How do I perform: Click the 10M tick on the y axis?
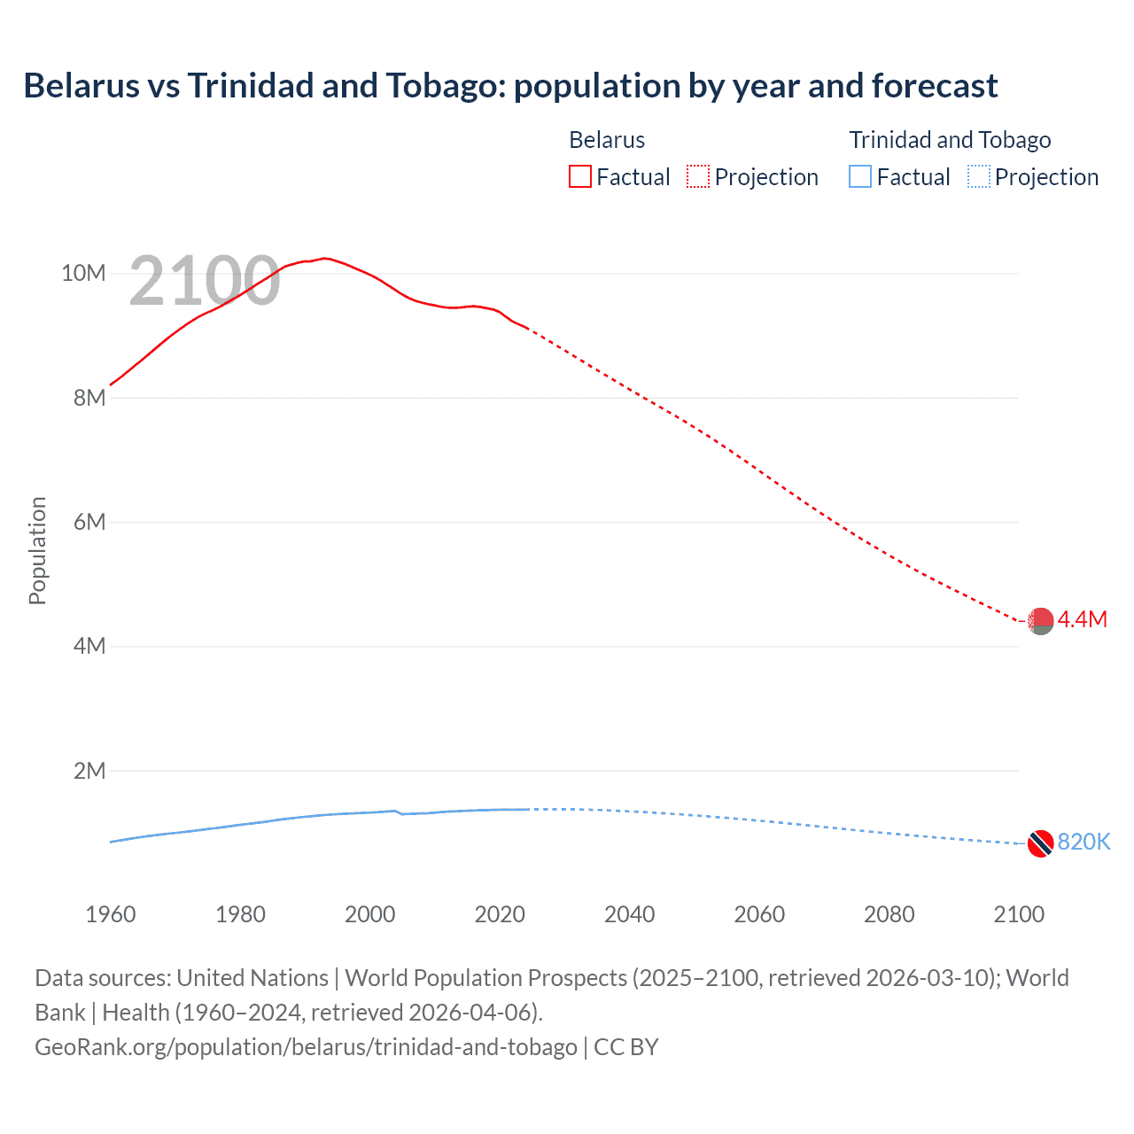point(83,273)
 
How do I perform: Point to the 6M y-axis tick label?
point(89,522)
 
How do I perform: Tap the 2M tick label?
point(89,771)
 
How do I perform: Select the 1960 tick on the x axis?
point(111,914)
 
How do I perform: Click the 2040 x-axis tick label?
point(629,914)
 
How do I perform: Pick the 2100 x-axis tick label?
point(1019,914)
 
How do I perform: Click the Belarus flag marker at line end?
point(1040,621)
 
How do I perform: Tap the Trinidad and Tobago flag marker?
point(1040,843)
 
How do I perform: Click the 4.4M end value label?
point(1082,619)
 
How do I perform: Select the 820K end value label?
point(1084,842)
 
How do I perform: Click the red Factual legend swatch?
point(579,177)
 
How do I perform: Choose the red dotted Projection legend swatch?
point(698,177)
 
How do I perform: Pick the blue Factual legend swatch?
point(860,177)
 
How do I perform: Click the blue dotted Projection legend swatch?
point(978,177)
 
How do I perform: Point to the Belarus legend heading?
point(607,140)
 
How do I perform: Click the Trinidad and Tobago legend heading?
point(950,140)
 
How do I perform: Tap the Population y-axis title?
point(37,550)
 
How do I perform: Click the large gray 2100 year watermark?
point(205,282)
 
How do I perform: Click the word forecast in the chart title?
point(935,86)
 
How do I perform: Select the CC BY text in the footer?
point(625,1047)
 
